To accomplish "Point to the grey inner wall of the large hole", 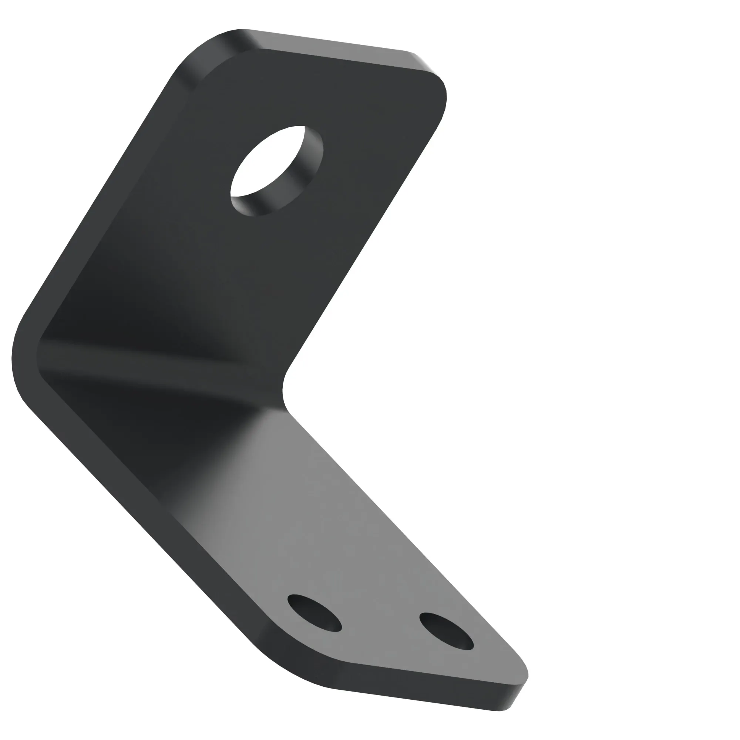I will coord(303,168).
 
